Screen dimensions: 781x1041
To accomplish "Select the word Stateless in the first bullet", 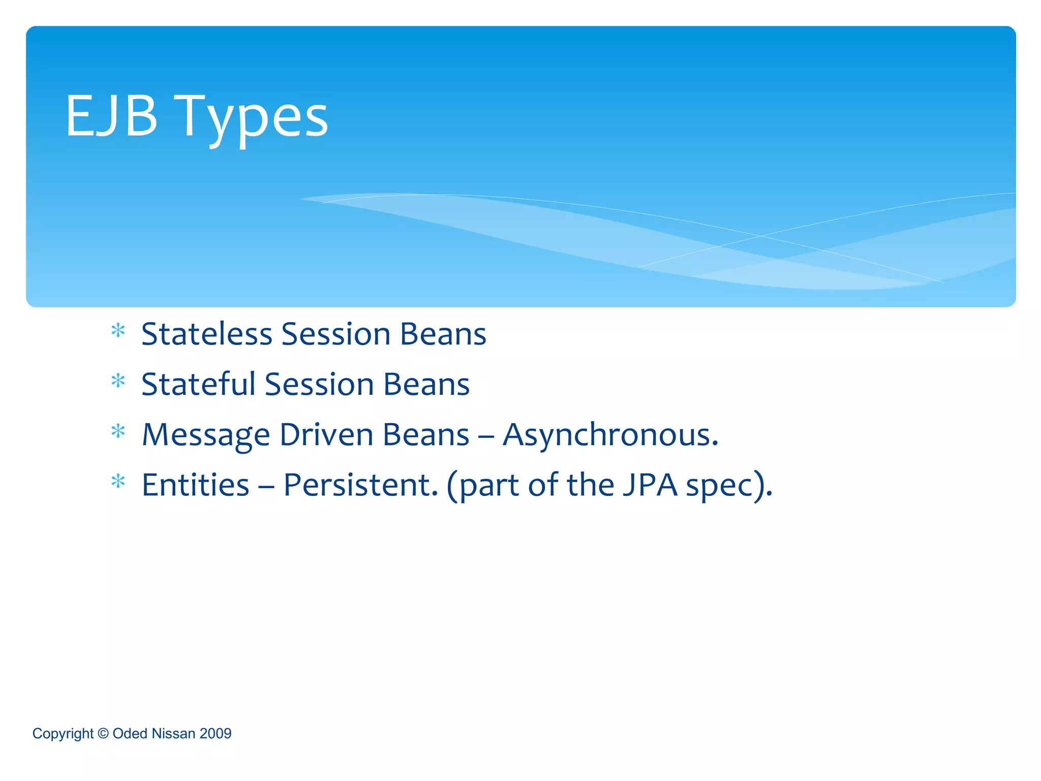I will (206, 335).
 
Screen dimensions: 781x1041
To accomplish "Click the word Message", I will (205, 435).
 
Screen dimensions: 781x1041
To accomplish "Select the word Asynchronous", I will (610, 435).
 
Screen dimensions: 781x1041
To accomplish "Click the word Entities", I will (195, 485).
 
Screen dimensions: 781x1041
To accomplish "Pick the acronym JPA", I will (650, 485).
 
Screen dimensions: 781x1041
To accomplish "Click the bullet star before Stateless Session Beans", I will (118, 332).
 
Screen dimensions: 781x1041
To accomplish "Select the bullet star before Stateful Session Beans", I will (118, 381).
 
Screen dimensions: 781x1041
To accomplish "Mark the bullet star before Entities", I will (118, 482).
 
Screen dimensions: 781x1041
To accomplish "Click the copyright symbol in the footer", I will (103, 733).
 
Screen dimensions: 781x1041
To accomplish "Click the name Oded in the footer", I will (130, 733).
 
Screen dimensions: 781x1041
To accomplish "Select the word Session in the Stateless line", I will (335, 335).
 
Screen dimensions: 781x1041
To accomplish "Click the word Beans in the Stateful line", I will (426, 384).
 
